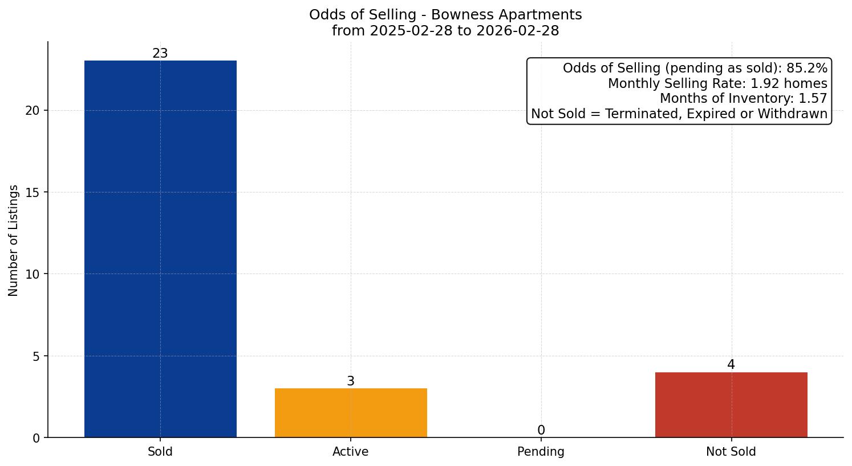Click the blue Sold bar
point(160,249)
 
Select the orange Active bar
point(351,413)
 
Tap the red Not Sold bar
point(731,405)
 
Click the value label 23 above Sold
point(160,54)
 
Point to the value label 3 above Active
point(351,381)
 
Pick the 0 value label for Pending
point(541,431)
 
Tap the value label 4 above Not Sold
point(731,365)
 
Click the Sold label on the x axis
point(160,452)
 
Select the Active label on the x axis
point(351,452)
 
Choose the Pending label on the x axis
point(541,452)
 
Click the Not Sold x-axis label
point(731,452)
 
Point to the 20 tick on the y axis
point(33,111)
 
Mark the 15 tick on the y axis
point(33,192)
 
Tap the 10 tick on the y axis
point(33,274)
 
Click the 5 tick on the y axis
point(36,356)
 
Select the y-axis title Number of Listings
point(14,240)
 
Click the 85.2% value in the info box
point(806,69)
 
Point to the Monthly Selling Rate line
point(717,83)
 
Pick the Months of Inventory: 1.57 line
point(743,98)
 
